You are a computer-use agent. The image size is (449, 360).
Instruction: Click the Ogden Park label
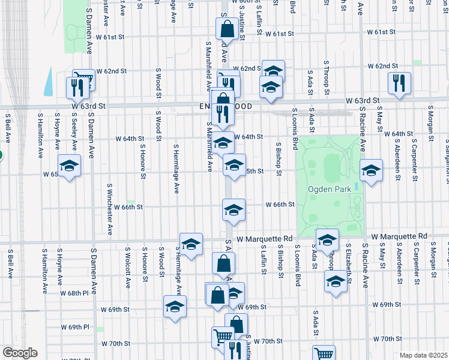[x=325, y=189]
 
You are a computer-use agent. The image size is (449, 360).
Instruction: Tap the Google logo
[x=20, y=353]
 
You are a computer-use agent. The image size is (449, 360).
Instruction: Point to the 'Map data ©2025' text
[x=424, y=355]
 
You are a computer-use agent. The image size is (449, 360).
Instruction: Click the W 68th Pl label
[x=77, y=293]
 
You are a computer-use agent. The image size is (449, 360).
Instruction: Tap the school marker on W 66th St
[x=234, y=209]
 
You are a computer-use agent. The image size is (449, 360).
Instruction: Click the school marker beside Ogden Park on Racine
[x=371, y=170]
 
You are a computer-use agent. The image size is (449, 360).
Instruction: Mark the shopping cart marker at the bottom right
[x=324, y=353]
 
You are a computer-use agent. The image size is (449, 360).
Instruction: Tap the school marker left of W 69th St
[x=175, y=306]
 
